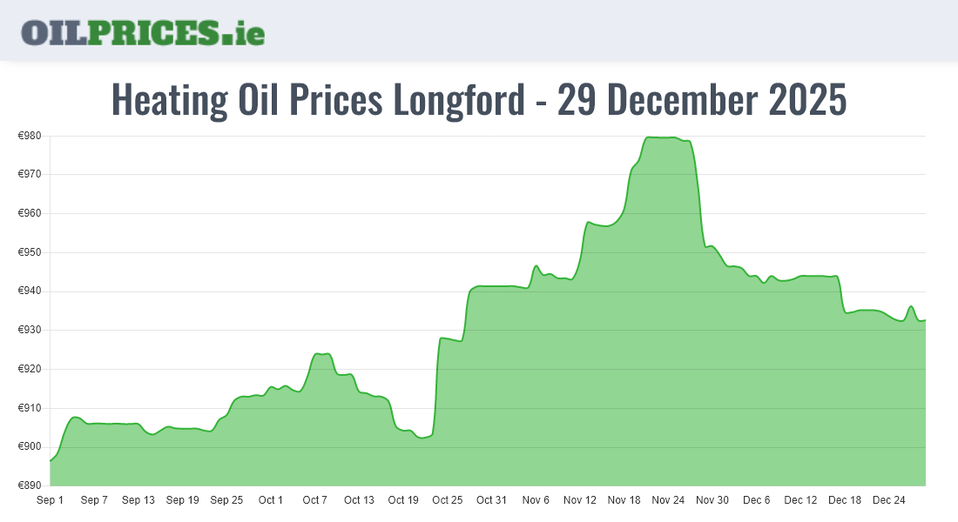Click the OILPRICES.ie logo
click(x=143, y=32)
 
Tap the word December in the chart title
click(x=684, y=101)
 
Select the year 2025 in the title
click(x=808, y=101)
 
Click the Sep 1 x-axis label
click(x=50, y=500)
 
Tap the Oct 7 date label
click(x=314, y=500)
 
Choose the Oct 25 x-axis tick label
click(x=448, y=500)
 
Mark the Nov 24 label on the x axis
click(x=669, y=500)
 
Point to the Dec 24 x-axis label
click(x=889, y=500)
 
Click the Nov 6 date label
click(x=536, y=500)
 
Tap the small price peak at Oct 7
click(x=320, y=354)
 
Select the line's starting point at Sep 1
click(x=51, y=460)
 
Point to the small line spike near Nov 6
click(x=536, y=266)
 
